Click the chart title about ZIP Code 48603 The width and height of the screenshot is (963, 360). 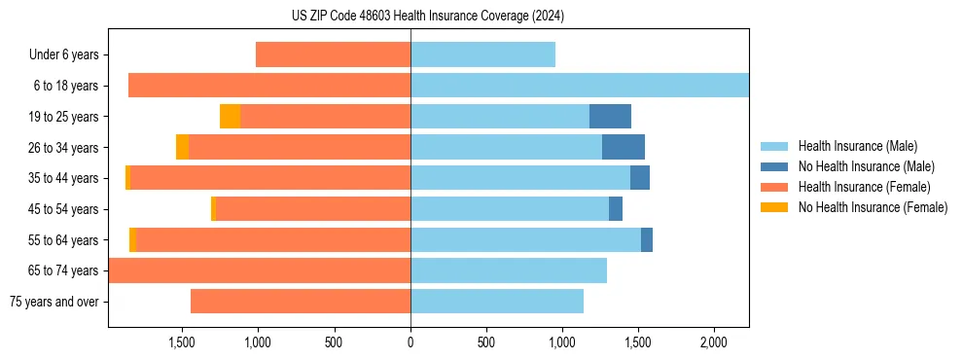(427, 16)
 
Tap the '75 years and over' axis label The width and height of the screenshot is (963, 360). (54, 302)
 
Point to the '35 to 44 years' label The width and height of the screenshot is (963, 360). (64, 178)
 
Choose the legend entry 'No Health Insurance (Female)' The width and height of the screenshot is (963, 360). (873, 207)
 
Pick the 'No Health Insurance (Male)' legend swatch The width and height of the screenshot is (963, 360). (774, 166)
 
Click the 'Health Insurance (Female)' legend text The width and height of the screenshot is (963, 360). (864, 187)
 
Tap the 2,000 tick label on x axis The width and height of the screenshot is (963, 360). (713, 343)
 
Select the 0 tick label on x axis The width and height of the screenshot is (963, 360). (410, 343)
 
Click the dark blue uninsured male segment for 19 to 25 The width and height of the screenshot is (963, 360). (610, 117)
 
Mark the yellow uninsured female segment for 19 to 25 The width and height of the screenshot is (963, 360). (230, 117)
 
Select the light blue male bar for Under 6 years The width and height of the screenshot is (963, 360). (482, 54)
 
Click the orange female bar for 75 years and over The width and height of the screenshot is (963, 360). (301, 302)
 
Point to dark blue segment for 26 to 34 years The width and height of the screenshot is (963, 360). (624, 147)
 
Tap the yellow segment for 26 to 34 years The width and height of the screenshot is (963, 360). (182, 147)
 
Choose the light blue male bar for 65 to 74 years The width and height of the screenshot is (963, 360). (509, 270)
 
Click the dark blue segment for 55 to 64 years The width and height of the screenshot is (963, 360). (647, 239)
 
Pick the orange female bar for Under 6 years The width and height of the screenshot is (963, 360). (333, 54)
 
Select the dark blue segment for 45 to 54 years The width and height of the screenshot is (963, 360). (616, 209)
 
